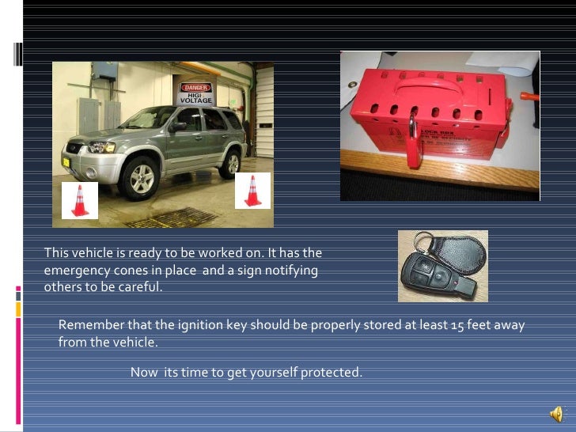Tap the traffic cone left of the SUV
pos(80,200)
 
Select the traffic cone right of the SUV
pos(252,191)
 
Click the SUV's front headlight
pos(101,147)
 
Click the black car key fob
pos(423,277)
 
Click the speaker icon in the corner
pos(557,414)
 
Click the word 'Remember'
pos(87,326)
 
